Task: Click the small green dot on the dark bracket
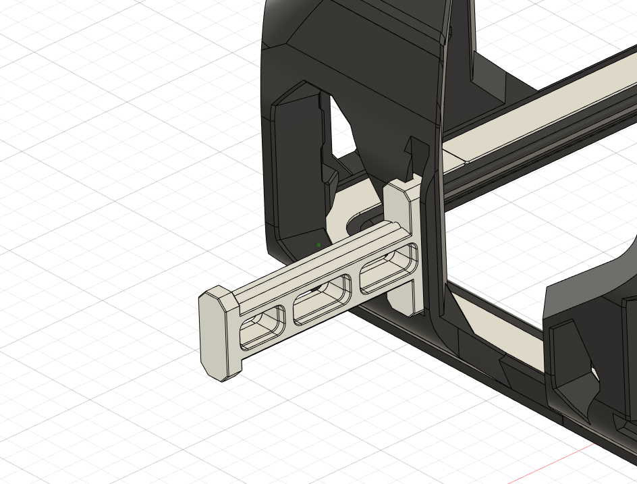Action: tap(318, 245)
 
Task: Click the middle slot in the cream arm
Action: tap(321, 296)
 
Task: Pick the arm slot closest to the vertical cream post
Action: tap(390, 269)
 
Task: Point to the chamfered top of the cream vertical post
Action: tap(403, 189)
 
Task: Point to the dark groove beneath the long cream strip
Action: tap(540, 145)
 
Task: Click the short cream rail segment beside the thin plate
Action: tap(451, 157)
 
